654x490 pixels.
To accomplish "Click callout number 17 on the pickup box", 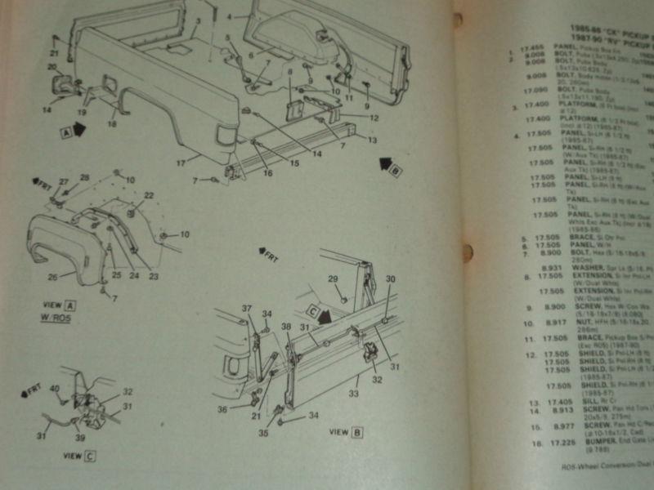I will [x=181, y=163].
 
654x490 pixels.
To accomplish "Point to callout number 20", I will [x=51, y=67].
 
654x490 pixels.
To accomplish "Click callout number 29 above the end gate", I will [x=333, y=280].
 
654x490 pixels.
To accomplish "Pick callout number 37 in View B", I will [x=246, y=307].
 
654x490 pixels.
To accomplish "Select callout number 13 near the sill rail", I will [x=374, y=140].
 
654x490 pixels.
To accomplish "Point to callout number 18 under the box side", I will [x=112, y=124].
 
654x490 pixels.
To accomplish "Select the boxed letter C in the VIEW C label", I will [x=88, y=456].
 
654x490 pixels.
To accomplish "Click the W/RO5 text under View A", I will [x=61, y=318].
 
